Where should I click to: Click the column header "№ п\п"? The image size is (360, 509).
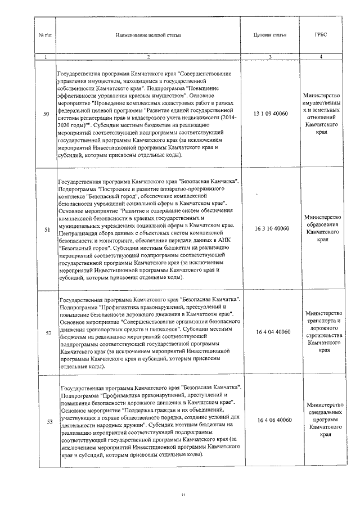click(46, 35)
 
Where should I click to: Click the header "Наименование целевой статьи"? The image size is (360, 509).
click(148, 35)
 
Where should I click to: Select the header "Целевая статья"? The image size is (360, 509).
click(271, 34)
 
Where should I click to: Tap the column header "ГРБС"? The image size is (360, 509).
click(320, 34)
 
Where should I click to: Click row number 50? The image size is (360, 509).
click(46, 115)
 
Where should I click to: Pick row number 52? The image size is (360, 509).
click(46, 332)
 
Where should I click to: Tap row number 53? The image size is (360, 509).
click(46, 421)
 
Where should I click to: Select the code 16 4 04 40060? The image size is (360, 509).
click(271, 332)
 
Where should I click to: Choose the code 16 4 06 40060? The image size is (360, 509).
click(271, 420)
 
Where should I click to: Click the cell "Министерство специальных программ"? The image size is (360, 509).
click(320, 420)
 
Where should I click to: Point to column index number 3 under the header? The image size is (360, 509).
click(271, 57)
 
